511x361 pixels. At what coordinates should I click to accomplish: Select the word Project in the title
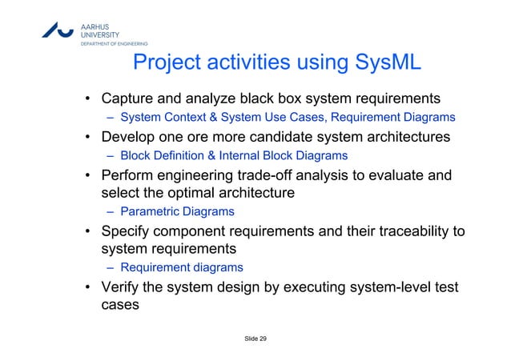coord(171,63)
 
